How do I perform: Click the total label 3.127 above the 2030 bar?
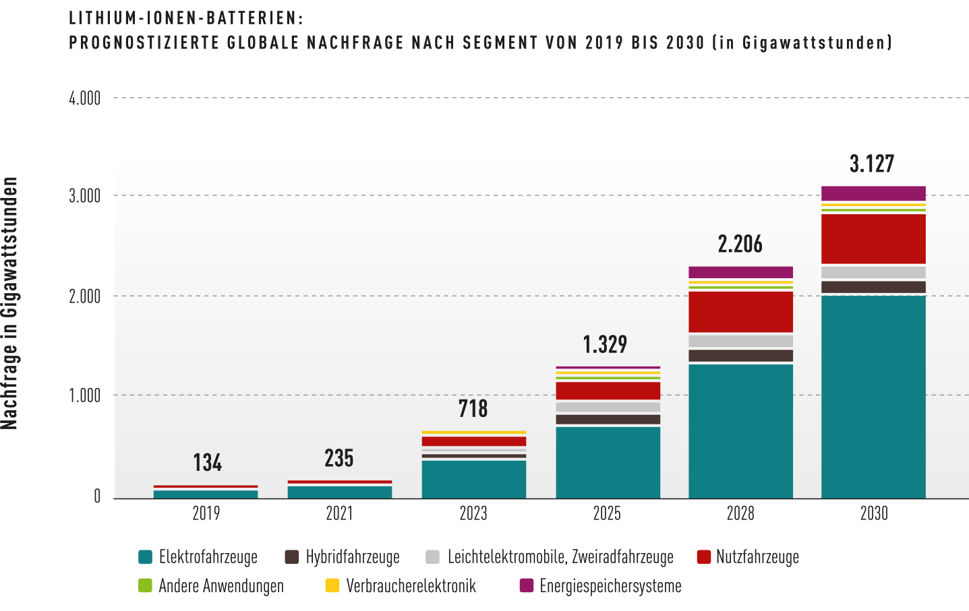(872, 164)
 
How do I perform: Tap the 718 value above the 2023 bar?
(473, 408)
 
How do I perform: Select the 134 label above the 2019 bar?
(207, 462)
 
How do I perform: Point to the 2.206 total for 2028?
(740, 244)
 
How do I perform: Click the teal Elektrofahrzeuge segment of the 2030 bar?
(873, 397)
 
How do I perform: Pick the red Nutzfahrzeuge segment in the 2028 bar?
(740, 312)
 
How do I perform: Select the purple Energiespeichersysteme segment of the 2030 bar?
(873, 193)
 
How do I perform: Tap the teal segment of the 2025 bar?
(608, 463)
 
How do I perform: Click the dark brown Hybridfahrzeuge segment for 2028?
(740, 356)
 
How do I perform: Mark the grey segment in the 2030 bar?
(873, 273)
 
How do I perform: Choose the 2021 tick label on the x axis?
(340, 513)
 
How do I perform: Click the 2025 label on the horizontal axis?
(607, 513)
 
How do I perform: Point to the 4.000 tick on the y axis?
(85, 98)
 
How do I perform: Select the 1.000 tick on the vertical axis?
(85, 395)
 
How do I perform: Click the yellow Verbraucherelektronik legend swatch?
(332, 585)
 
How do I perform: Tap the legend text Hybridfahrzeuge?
(353, 557)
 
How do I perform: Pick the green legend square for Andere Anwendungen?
(146, 585)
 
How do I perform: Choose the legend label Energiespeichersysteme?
(610, 586)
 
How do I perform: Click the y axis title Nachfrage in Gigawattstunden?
(9, 303)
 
